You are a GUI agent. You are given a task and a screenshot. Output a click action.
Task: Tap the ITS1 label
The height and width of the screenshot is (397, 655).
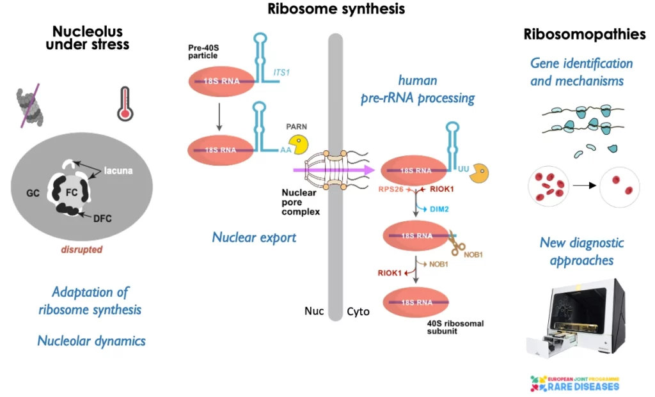click(281, 73)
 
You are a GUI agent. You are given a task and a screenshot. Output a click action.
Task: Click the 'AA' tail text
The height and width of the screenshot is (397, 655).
click(285, 151)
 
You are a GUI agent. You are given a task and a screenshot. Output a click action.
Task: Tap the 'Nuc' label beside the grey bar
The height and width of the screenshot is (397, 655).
click(315, 312)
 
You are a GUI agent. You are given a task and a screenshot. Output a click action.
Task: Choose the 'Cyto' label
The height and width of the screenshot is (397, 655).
click(358, 312)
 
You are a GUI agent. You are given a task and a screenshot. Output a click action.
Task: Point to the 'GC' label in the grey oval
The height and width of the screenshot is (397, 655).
click(34, 191)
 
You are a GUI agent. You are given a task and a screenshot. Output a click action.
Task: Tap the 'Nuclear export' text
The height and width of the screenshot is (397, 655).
click(254, 237)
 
